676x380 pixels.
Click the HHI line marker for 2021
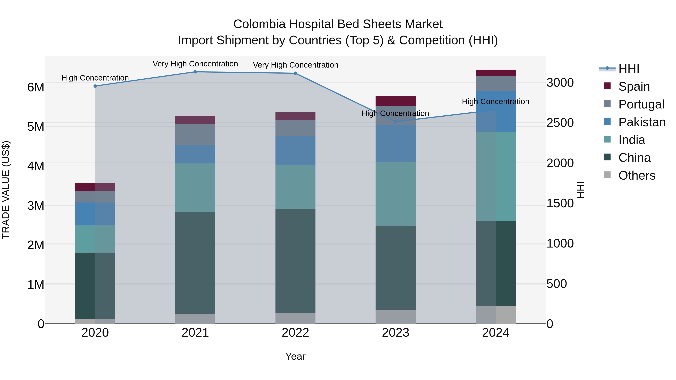coord(195,72)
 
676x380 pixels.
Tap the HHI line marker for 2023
coord(396,122)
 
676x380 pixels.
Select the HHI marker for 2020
coord(95,86)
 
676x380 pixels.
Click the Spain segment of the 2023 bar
coord(395,101)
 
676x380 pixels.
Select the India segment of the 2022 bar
coord(296,187)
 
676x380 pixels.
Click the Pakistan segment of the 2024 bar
coord(496,111)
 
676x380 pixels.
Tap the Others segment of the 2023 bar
coord(395,317)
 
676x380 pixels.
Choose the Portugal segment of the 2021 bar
coord(195,134)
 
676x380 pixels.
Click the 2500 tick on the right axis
coord(560,123)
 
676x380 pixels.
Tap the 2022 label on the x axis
coord(296,333)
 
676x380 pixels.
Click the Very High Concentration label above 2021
coord(195,64)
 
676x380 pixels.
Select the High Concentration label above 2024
coord(496,102)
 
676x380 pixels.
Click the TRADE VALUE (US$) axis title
coord(6,190)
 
